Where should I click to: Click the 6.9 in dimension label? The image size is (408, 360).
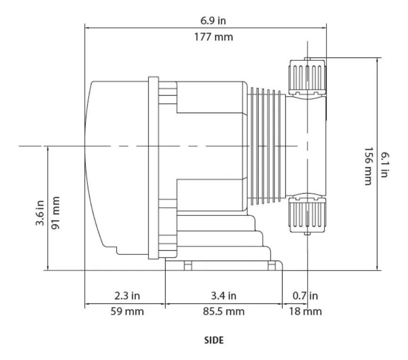click(213, 21)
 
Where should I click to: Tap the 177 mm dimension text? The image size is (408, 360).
click(213, 37)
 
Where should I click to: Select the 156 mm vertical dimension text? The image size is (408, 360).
click(368, 166)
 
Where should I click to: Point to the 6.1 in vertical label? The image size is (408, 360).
click(384, 165)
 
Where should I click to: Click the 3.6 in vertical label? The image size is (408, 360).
click(40, 213)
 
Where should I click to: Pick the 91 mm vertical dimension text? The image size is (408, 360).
click(55, 213)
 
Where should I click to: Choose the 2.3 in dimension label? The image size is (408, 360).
click(127, 296)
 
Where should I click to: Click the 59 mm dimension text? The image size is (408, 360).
click(127, 311)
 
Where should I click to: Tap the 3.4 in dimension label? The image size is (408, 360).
click(224, 296)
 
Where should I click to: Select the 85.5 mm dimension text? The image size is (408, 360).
click(224, 311)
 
